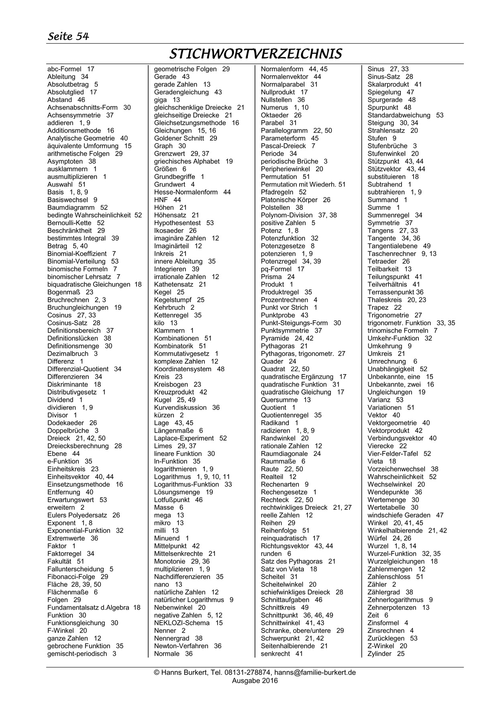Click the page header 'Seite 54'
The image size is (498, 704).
coord(68,37)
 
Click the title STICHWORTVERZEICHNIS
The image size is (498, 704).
coord(255,54)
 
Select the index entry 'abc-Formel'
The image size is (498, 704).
coord(64,69)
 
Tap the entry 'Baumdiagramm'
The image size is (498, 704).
coord(71,208)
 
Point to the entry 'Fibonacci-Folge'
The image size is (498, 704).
coord(71,577)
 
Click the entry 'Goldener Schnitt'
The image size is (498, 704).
coord(179,138)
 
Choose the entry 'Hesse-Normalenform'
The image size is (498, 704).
coord(186,192)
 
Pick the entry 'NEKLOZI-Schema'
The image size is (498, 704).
coord(182,623)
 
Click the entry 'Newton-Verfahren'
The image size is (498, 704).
coord(181,646)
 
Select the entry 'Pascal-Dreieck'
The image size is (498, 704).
coord(283,146)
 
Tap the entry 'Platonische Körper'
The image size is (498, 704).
coord(289,200)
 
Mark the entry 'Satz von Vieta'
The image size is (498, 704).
coord(282,569)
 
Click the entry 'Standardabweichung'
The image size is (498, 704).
coord(399,115)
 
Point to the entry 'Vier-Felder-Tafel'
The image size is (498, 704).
coord(393,454)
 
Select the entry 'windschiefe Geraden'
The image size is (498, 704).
coord(399,515)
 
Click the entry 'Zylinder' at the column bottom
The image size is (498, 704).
coord(380,654)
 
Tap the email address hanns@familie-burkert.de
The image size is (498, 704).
coord(315,672)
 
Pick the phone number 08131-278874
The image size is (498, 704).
coord(247,672)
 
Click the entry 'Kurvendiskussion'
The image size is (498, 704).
coord(180,407)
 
